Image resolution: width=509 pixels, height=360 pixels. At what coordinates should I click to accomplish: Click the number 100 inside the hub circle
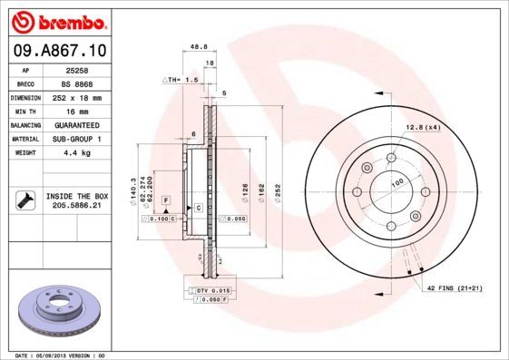point(396,183)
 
